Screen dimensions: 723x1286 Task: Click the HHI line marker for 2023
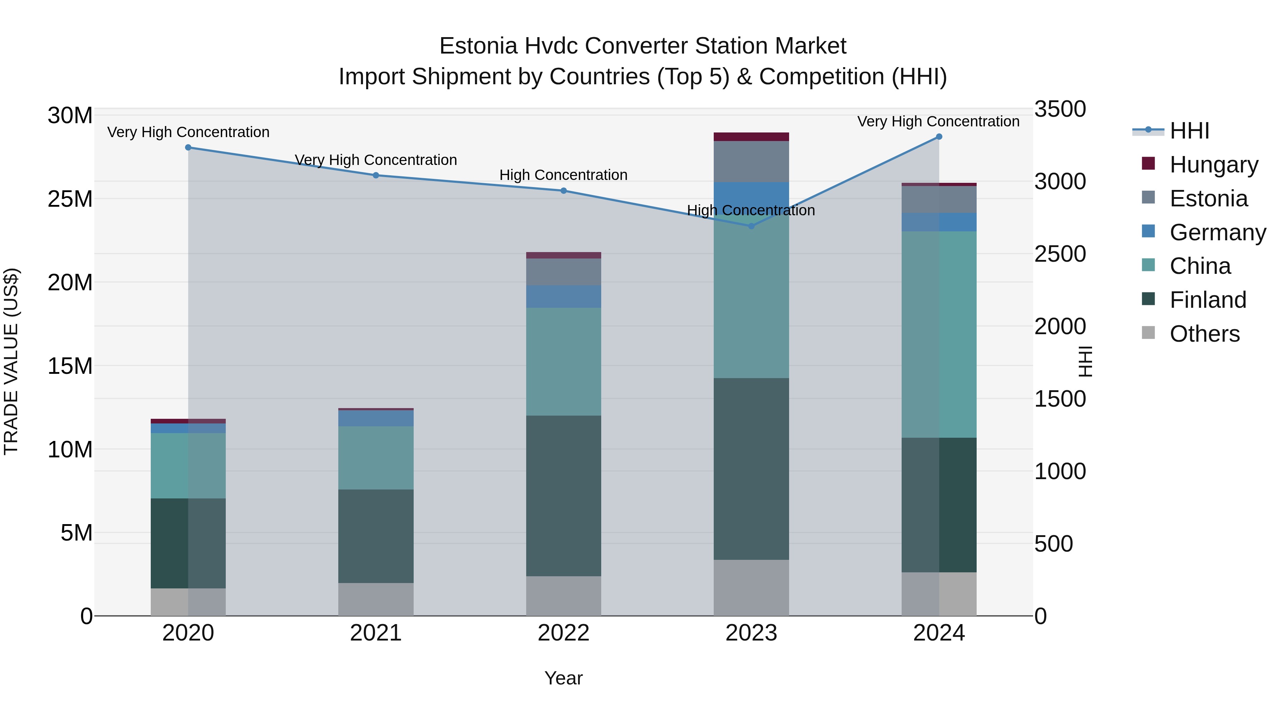coord(751,226)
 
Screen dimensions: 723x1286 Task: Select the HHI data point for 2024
coord(938,137)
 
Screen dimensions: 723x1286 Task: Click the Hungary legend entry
coord(1213,164)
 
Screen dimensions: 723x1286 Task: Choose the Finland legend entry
coord(1208,300)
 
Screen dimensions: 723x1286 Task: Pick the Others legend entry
coord(1204,334)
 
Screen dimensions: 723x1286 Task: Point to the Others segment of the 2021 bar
coord(375,599)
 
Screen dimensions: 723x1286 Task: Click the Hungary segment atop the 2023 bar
coord(751,137)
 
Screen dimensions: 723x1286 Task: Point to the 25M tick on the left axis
coord(70,199)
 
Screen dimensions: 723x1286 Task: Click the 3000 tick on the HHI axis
coord(1060,182)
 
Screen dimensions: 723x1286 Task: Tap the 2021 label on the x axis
coord(375,633)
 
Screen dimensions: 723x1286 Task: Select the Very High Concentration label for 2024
coord(938,121)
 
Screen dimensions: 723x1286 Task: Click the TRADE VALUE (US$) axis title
coord(11,361)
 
